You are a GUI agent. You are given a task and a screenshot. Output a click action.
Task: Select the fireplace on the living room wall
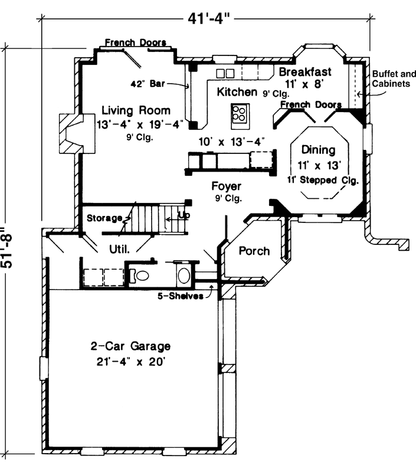71,133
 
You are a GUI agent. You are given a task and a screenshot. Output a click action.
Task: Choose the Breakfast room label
305,72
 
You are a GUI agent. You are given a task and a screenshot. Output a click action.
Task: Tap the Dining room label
318,150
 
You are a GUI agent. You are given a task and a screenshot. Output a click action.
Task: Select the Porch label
254,251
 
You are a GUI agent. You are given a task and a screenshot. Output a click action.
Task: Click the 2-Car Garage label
130,346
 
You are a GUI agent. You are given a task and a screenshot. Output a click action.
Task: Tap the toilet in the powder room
142,274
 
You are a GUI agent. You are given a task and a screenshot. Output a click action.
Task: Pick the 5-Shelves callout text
181,296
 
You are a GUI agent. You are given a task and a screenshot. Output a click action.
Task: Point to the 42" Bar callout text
149,84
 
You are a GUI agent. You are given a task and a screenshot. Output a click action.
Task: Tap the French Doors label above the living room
135,42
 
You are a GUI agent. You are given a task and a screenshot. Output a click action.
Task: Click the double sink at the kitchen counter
225,73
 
